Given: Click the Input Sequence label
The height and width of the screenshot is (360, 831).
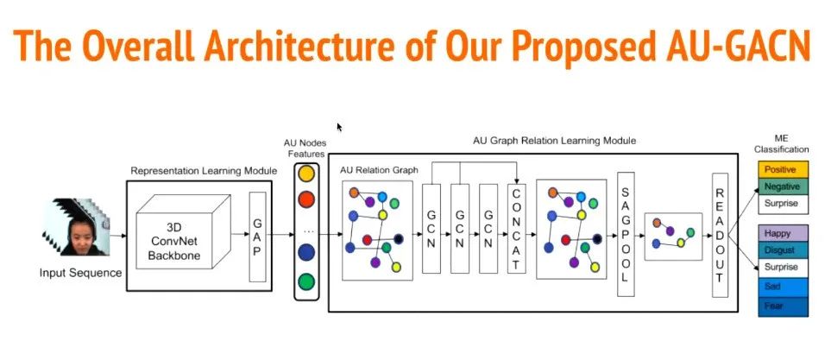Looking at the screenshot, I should tap(80, 274).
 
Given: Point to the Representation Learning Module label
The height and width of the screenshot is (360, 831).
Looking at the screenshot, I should tap(204, 171).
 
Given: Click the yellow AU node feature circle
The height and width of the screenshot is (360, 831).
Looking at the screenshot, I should tap(305, 174).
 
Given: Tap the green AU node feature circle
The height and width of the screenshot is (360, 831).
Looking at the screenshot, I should tap(305, 281).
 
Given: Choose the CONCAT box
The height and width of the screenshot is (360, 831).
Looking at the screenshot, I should tap(516, 228).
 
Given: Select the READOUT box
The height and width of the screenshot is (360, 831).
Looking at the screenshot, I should tap(720, 235).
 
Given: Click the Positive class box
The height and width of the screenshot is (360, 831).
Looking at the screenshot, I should tap(782, 169).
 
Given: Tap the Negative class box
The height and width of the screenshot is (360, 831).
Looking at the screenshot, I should tap(782, 186).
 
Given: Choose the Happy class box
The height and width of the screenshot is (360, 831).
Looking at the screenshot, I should tap(782, 233).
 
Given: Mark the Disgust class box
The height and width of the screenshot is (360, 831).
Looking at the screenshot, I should tap(782, 250).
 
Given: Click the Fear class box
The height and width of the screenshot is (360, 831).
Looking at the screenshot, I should tap(782, 305).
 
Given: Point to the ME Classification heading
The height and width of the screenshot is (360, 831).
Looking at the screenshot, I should tap(783, 143).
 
